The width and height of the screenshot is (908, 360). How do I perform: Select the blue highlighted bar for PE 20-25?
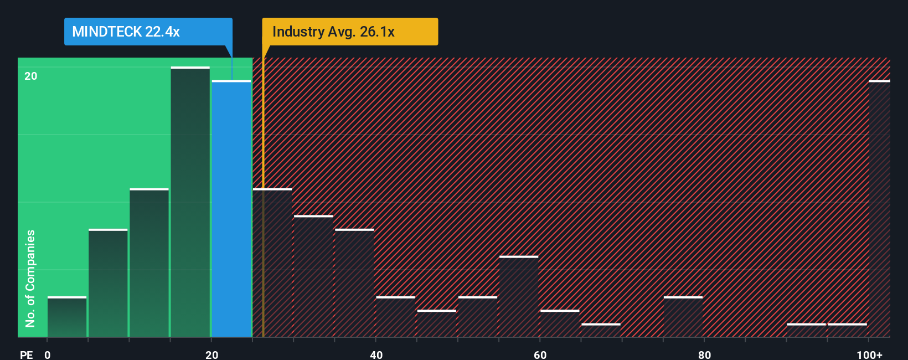(231, 209)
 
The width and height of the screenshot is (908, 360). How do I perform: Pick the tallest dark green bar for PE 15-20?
(190, 202)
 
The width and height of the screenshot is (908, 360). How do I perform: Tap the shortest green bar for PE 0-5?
(67, 317)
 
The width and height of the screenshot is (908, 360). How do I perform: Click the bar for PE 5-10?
(108, 283)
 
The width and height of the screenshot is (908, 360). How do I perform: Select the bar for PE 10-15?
(149, 263)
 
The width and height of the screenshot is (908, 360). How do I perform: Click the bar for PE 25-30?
(272, 263)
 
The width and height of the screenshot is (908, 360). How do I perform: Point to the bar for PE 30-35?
(313, 276)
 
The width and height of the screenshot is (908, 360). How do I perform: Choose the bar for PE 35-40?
(354, 283)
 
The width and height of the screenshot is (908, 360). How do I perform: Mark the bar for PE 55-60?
(519, 296)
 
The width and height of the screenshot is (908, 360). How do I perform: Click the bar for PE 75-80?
(683, 317)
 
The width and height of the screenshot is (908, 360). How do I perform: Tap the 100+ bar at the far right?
(879, 209)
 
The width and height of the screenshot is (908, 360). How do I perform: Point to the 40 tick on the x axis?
(376, 354)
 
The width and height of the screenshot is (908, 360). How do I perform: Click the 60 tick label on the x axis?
(540, 354)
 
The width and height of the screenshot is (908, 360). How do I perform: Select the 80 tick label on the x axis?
(704, 354)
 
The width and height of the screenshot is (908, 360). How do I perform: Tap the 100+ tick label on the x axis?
(869, 354)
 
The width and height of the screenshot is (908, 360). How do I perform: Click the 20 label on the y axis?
(31, 76)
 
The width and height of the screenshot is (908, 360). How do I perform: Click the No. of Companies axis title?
(30, 278)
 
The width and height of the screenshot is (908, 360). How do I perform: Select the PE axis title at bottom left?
(26, 354)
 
